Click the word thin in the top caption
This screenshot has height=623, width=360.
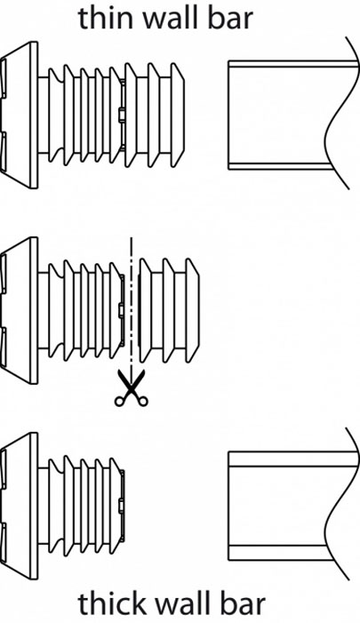(106, 18)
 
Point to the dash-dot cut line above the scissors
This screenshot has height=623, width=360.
(131, 303)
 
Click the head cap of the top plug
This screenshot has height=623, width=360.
(19, 115)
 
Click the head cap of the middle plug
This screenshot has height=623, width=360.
(19, 310)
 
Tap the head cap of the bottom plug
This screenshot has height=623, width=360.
(19, 506)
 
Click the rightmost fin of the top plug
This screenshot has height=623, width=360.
(178, 115)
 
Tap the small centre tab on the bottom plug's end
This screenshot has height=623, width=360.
(121, 506)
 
